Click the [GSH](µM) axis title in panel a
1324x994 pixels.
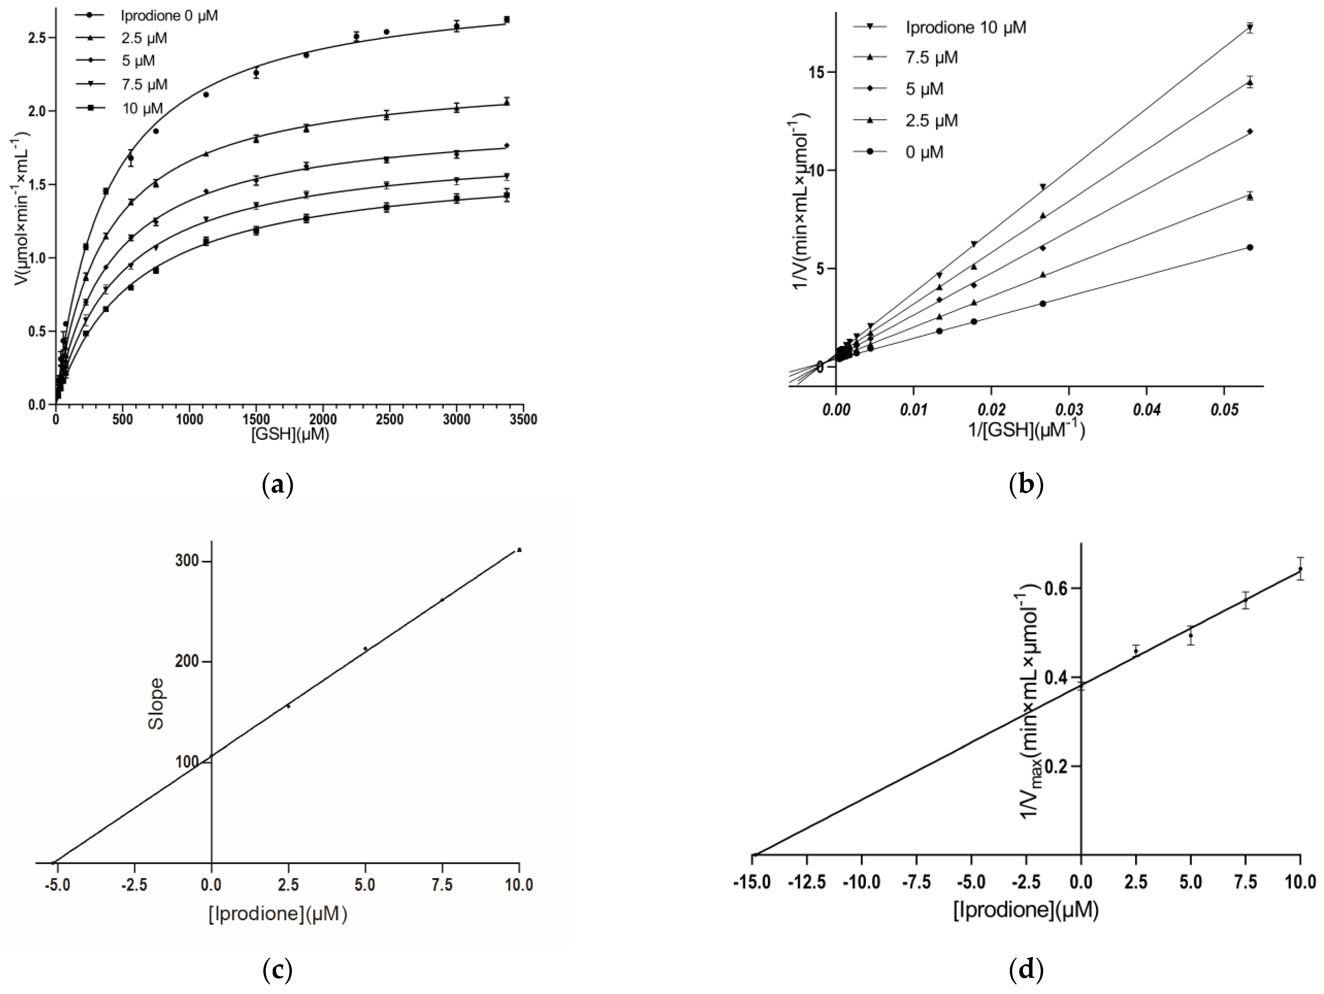pyautogui.click(x=290, y=435)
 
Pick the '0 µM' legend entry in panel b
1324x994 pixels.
pyautogui.click(x=924, y=153)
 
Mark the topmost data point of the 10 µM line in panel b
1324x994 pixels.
pyautogui.click(x=1250, y=27)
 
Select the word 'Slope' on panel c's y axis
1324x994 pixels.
pyautogui.click(x=156, y=704)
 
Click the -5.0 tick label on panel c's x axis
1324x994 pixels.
pyautogui.click(x=57, y=885)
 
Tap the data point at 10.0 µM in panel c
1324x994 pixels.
pyautogui.click(x=519, y=550)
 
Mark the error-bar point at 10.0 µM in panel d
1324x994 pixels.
pyautogui.click(x=1300, y=569)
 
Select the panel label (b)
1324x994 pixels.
pyautogui.click(x=1026, y=484)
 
